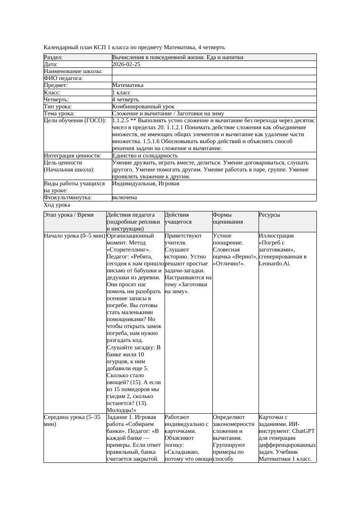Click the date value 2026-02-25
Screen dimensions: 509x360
126,64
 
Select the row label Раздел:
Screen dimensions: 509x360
54,57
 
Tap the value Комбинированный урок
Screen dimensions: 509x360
143,107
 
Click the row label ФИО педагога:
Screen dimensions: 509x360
64,78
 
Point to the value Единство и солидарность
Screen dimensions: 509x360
145,156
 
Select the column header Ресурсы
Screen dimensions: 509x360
269,215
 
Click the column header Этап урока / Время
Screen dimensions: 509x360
69,215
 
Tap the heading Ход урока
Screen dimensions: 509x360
57,205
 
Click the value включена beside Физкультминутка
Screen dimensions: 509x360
124,198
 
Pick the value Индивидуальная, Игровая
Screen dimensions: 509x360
146,184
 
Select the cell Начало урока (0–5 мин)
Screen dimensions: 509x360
74,236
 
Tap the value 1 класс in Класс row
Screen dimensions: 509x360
121,93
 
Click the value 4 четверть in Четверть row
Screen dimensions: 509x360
125,100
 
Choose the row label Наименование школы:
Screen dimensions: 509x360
73,71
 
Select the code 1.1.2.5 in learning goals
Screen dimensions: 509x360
121,121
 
